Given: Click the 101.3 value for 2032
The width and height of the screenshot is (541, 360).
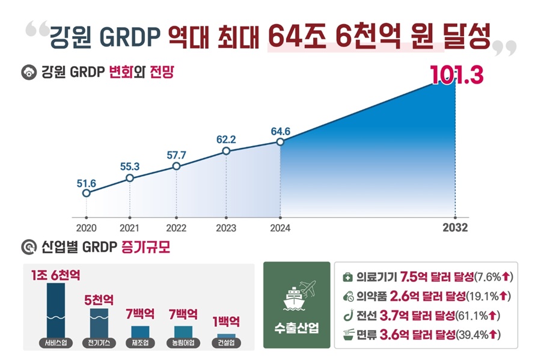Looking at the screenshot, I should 457,77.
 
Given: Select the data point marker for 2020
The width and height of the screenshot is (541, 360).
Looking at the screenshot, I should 87,193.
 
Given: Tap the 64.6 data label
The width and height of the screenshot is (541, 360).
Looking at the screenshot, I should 280,130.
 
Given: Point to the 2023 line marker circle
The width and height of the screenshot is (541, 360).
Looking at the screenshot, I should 226,151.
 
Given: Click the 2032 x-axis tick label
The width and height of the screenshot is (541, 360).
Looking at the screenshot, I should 455,228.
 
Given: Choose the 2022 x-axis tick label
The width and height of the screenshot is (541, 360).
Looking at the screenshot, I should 176,228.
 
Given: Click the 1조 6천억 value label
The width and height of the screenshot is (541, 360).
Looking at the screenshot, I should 56,276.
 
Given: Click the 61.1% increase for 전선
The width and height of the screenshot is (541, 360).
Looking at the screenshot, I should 477,315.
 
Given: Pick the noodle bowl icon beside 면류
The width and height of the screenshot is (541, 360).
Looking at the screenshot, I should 347,334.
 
